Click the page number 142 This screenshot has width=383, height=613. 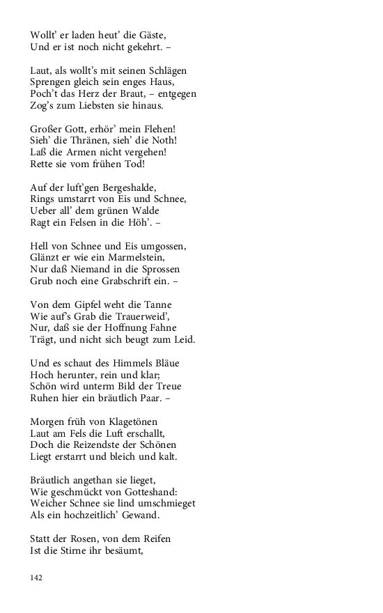tap(36, 577)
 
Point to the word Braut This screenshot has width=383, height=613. tap(124, 94)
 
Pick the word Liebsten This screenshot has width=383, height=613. tap(95, 106)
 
